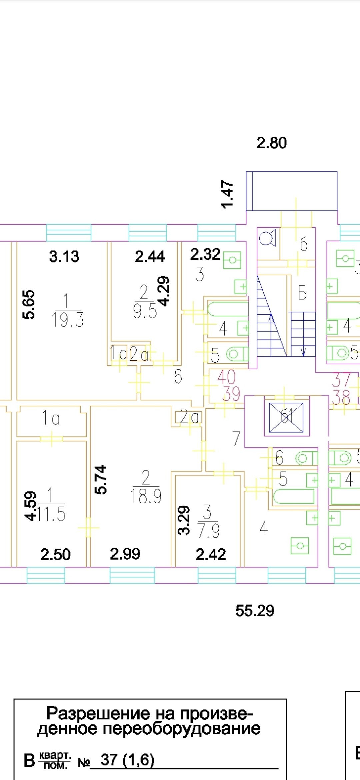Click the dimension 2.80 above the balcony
pyautogui.click(x=271, y=143)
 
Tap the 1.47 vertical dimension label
pyautogui.click(x=228, y=194)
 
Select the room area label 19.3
pyautogui.click(x=68, y=320)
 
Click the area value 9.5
pyautogui.click(x=145, y=312)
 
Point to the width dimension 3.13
pyautogui.click(x=64, y=256)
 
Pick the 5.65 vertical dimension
pyautogui.click(x=29, y=304)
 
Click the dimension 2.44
pyautogui.click(x=150, y=256)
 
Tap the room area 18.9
pyautogui.click(x=146, y=496)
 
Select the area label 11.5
pyautogui.click(x=51, y=514)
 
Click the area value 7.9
pyautogui.click(x=209, y=531)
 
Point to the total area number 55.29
pyautogui.click(x=255, y=611)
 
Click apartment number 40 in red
pyautogui.click(x=226, y=377)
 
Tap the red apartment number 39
pyautogui.click(x=231, y=394)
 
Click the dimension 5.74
pyautogui.click(x=101, y=479)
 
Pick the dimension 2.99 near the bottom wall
pyautogui.click(x=125, y=554)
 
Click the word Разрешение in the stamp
pyautogui.click(x=98, y=714)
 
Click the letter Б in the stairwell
pyautogui.click(x=302, y=293)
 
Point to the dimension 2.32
pyautogui.click(x=205, y=254)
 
